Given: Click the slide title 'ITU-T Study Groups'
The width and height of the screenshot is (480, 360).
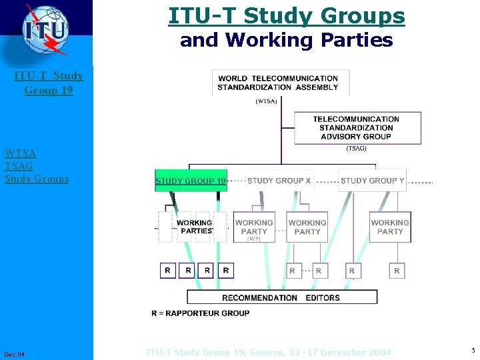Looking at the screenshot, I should point(287,15).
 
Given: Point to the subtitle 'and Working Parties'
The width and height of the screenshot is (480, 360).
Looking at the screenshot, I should point(287,40).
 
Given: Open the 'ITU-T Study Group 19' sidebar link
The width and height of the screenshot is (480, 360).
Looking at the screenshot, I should point(49,83).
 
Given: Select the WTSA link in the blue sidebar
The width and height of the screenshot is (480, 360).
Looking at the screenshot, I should point(21,153).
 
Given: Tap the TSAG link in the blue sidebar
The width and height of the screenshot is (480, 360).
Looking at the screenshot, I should point(19,166).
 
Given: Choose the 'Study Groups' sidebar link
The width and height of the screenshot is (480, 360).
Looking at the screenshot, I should point(37,179).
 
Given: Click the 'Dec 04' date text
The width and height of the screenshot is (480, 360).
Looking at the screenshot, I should point(14,353).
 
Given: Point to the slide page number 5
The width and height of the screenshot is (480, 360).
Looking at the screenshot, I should point(473,351).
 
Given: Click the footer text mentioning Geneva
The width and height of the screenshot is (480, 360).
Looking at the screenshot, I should point(269,352).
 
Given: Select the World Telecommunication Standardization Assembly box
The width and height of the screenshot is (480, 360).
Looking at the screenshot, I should point(280,83).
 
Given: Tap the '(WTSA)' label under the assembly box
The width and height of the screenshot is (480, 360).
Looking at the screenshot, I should point(267,101).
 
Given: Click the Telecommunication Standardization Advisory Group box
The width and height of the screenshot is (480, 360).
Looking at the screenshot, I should point(358,127).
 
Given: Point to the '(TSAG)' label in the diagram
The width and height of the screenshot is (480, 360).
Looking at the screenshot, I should point(356,149).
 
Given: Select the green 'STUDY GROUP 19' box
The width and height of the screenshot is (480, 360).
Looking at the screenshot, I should point(190,181).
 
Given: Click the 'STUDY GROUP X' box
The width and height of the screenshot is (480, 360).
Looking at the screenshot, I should point(279,181).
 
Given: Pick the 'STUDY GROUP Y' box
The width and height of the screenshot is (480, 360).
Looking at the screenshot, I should point(372,181).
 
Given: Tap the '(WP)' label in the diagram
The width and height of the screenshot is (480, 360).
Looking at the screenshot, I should point(254,239).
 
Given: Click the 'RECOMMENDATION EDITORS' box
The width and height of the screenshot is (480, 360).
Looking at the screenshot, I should point(281,297).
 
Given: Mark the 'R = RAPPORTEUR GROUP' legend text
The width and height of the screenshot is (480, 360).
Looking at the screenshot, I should point(201,313).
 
